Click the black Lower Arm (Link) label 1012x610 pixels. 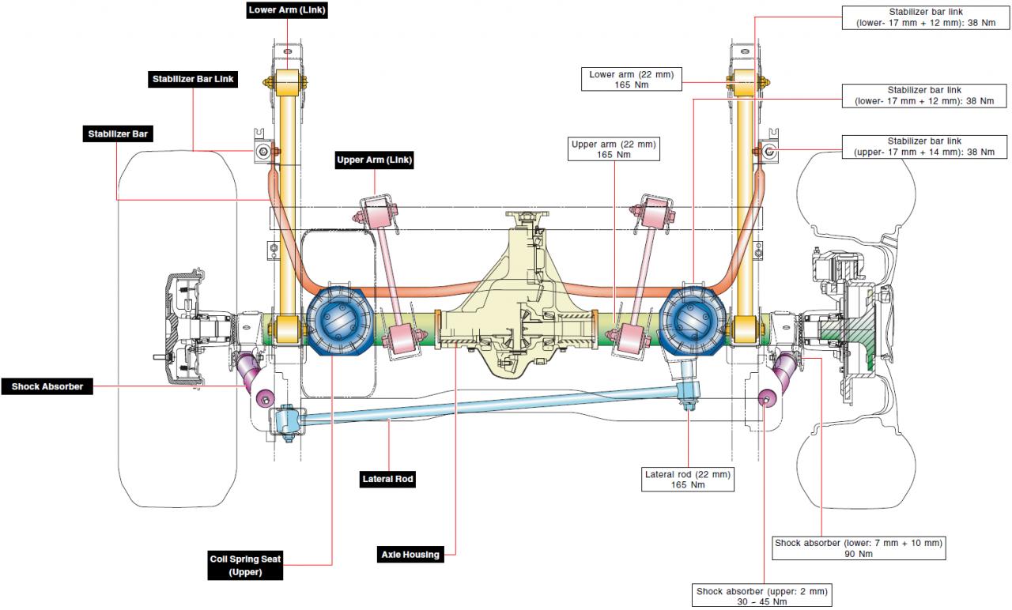point(286,10)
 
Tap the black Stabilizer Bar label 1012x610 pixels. point(118,134)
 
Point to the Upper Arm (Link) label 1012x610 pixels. point(375,160)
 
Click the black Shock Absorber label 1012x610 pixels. point(47,386)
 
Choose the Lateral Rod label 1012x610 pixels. point(387,478)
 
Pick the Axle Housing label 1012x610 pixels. point(410,554)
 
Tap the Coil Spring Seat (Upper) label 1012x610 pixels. point(245,565)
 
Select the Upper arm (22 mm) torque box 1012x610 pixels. point(614,149)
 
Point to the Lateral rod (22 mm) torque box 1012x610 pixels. point(688,479)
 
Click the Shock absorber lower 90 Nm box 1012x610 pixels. point(859,548)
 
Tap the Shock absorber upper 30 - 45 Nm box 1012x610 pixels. point(764,596)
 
